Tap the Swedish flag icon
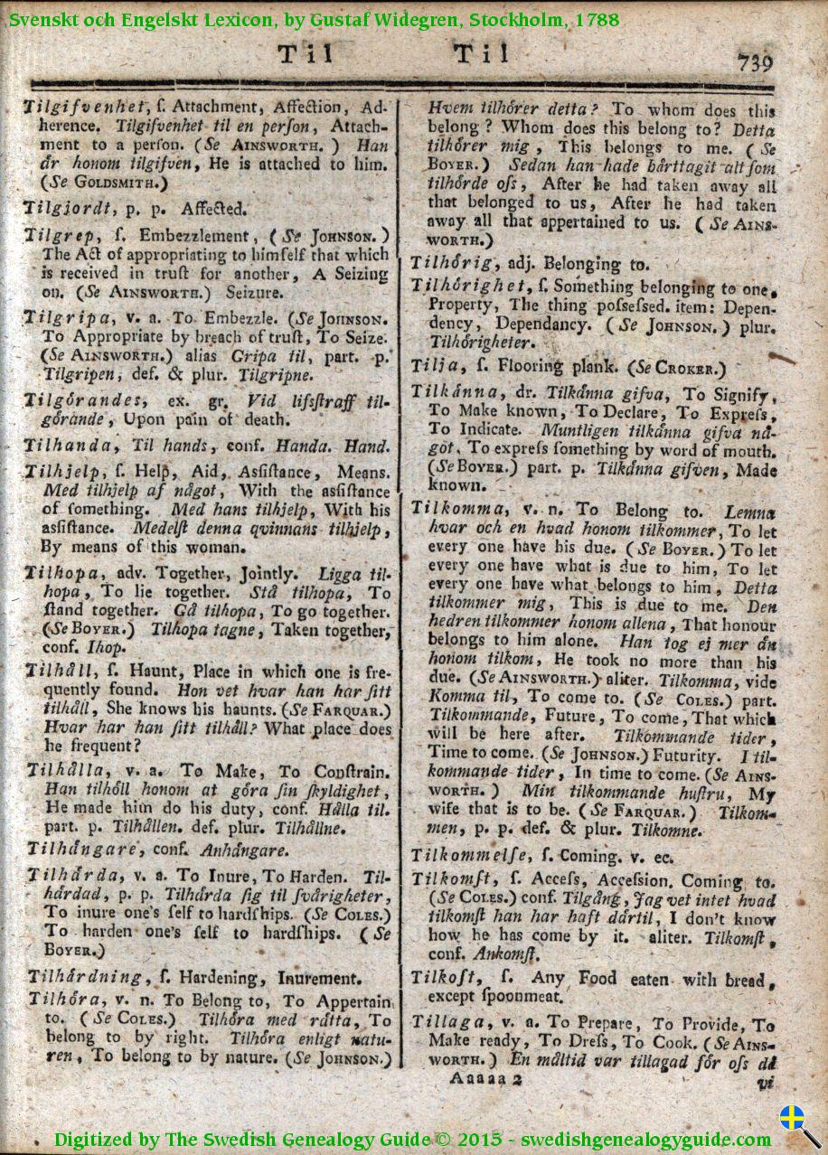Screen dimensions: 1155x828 coord(792,1117)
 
